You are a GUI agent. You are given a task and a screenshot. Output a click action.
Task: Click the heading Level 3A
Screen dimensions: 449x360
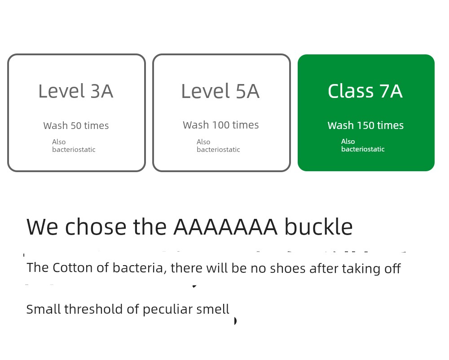click(76, 91)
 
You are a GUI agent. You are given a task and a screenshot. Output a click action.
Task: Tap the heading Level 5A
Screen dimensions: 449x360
click(220, 91)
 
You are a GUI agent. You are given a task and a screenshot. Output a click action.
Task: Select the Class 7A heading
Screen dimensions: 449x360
click(365, 91)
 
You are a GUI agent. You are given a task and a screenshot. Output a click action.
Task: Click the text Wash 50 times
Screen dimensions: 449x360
click(76, 125)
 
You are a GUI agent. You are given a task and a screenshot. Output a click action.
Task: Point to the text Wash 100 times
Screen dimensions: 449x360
click(221, 125)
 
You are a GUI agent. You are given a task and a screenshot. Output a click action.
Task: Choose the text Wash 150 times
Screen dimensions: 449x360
click(365, 125)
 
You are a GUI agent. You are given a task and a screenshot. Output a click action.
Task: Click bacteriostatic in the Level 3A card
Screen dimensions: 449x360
click(74, 149)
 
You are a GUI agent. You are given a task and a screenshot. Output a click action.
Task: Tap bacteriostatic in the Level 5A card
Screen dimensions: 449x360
click(218, 149)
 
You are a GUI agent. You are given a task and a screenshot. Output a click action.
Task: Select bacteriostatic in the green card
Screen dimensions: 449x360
click(363, 149)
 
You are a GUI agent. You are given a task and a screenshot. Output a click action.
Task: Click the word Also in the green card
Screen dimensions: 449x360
click(348, 141)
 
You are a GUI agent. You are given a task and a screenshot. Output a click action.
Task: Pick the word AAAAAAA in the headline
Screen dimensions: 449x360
click(225, 227)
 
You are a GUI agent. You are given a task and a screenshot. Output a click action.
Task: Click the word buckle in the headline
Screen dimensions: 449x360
click(318, 227)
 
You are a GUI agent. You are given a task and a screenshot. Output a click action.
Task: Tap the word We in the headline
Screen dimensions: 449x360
click(42, 227)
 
